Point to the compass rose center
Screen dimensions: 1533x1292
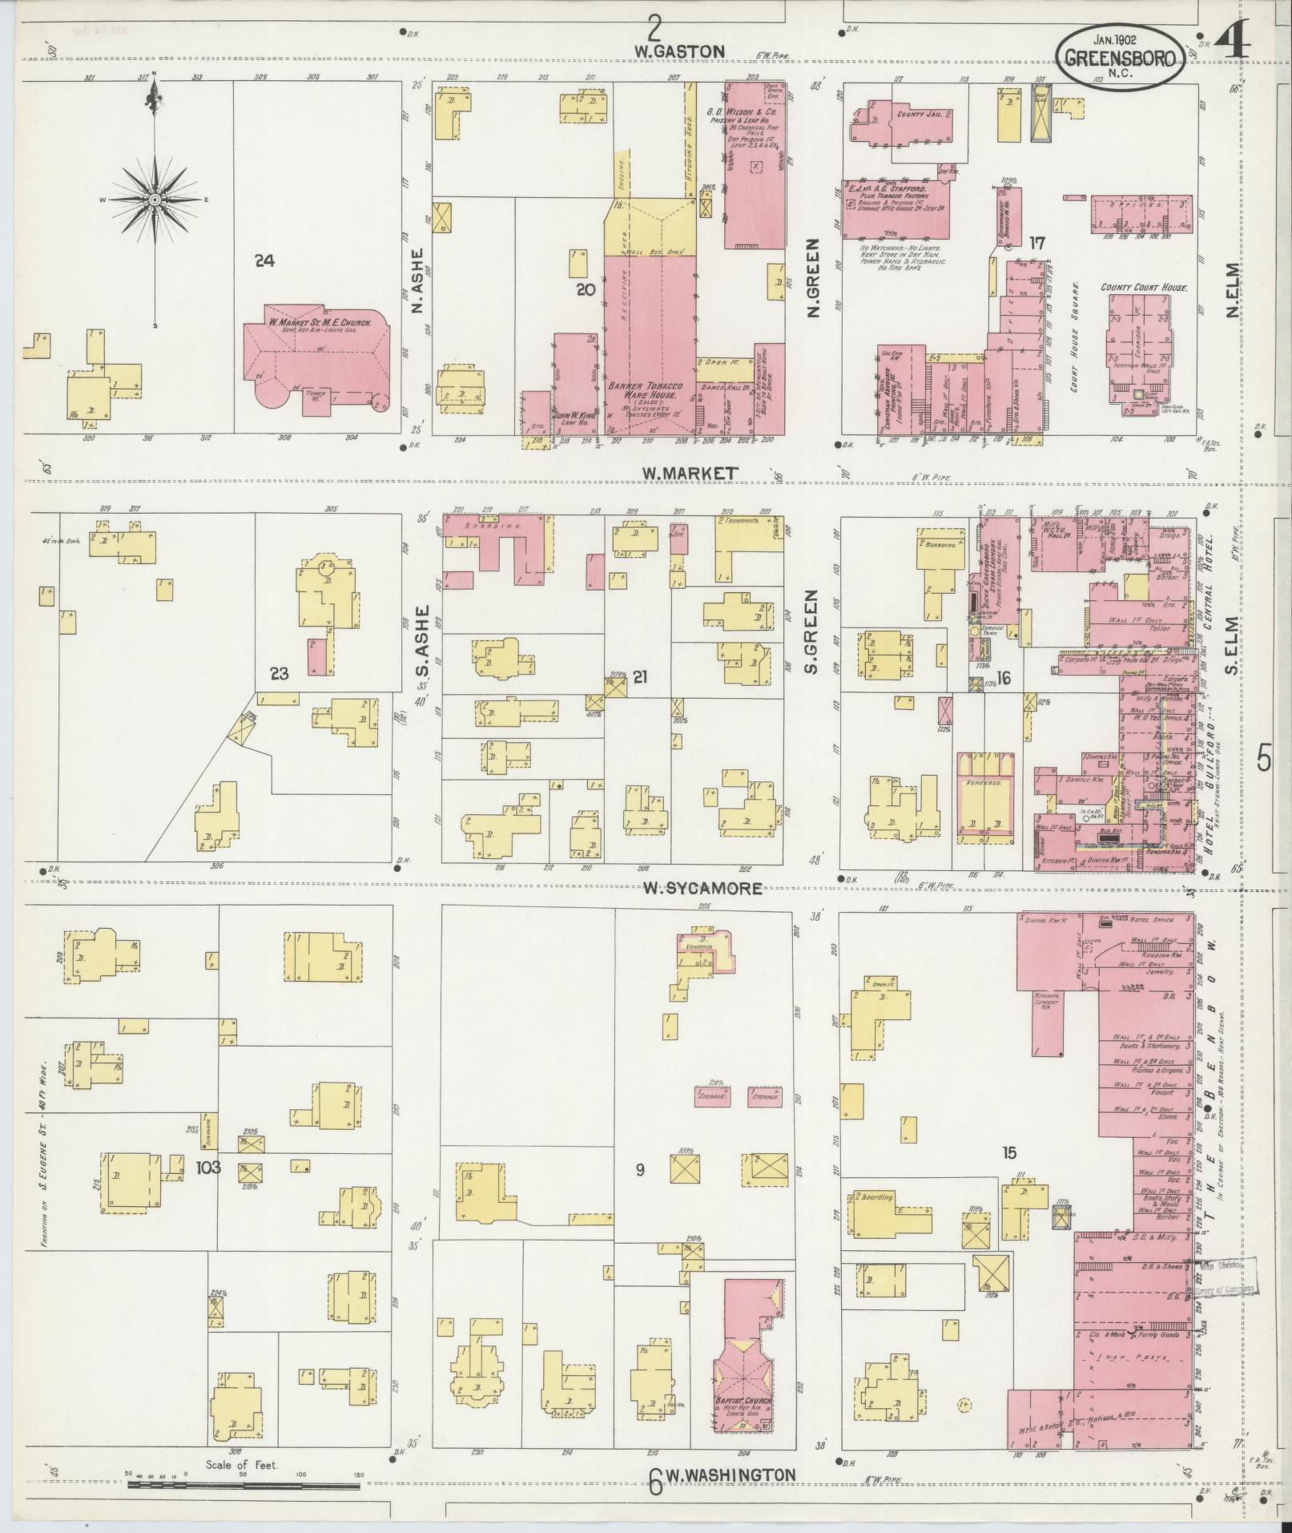153,199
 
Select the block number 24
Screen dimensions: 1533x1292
264,260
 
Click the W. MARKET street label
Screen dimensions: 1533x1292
688,474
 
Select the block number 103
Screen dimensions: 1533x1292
207,1167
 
